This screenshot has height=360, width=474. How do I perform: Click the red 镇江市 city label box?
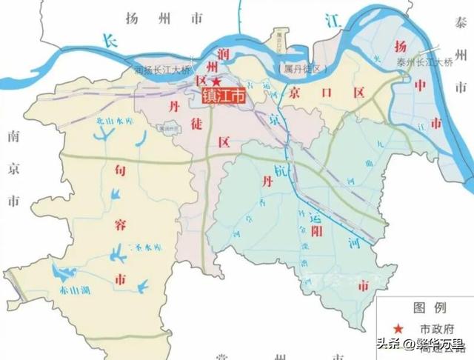[x=223, y=95]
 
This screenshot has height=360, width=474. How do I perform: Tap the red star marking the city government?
[x=216, y=81]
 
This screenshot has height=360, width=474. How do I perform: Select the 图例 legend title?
[x=430, y=307]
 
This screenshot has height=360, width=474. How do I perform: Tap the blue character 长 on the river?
[x=110, y=41]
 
